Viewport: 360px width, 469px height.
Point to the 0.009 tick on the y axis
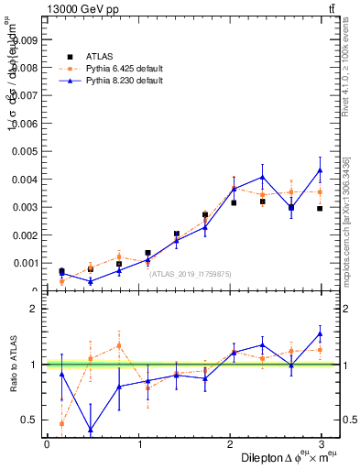[24, 40]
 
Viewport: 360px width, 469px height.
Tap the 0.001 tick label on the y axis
[24, 263]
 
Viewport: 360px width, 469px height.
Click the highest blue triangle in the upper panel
[320, 169]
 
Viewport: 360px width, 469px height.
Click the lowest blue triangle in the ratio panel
[91, 430]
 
